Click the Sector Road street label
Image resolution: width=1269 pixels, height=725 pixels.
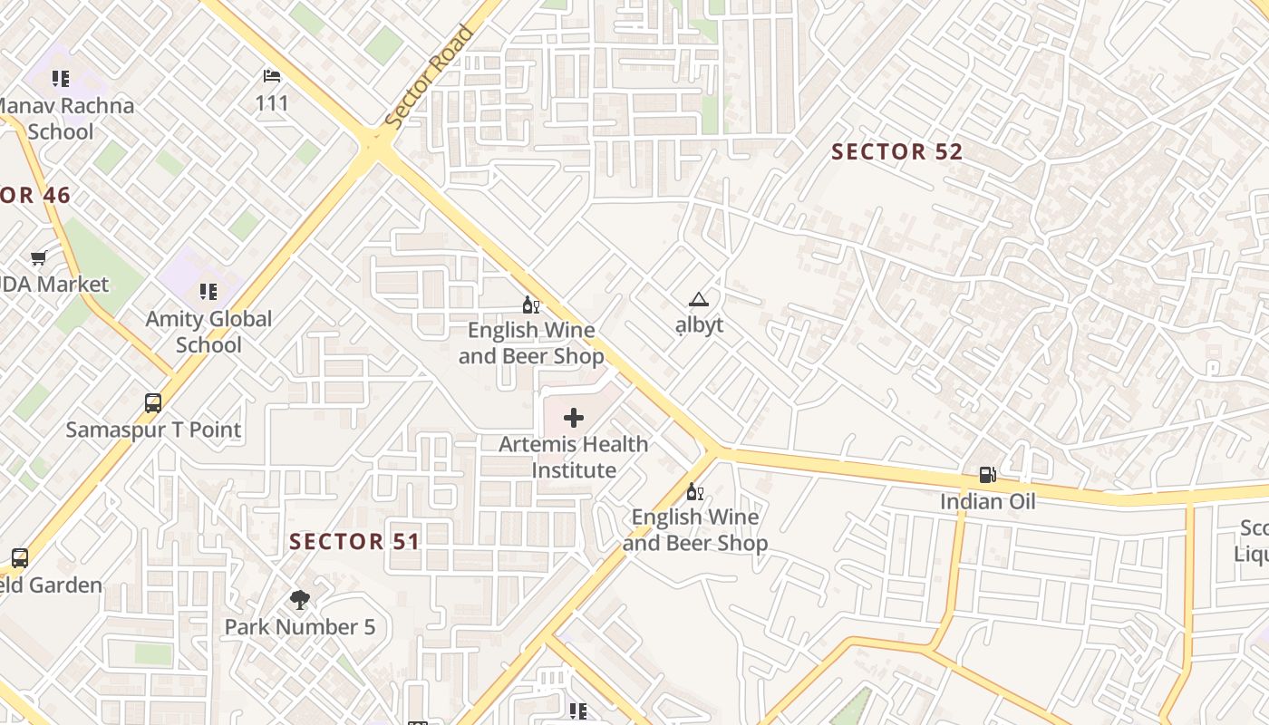[430, 77]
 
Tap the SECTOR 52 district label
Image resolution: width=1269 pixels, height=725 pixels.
[896, 152]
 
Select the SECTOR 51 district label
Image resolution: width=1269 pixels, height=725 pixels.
[354, 542]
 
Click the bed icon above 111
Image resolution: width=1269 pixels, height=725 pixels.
[271, 76]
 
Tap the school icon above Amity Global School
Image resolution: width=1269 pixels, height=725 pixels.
[208, 292]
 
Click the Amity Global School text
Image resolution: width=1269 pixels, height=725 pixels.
[208, 332]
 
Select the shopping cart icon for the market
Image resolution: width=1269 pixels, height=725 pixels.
[39, 258]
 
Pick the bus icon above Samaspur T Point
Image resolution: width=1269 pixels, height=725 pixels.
[153, 403]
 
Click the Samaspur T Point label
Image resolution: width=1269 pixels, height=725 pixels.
[153, 430]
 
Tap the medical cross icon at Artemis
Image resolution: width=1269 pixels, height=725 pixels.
[574, 418]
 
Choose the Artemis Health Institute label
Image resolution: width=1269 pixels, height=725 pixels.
[574, 457]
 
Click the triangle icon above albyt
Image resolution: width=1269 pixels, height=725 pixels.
[698, 300]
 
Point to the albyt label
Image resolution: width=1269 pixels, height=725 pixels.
[700, 324]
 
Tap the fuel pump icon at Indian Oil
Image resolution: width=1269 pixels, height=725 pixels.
[987, 475]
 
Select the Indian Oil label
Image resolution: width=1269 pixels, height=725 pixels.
[987, 501]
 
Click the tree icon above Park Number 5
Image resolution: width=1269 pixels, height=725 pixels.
[300, 600]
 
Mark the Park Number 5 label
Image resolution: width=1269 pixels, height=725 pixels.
[300, 627]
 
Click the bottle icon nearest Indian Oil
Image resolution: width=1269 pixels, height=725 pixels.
[695, 491]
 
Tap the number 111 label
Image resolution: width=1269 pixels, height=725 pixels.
[272, 103]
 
